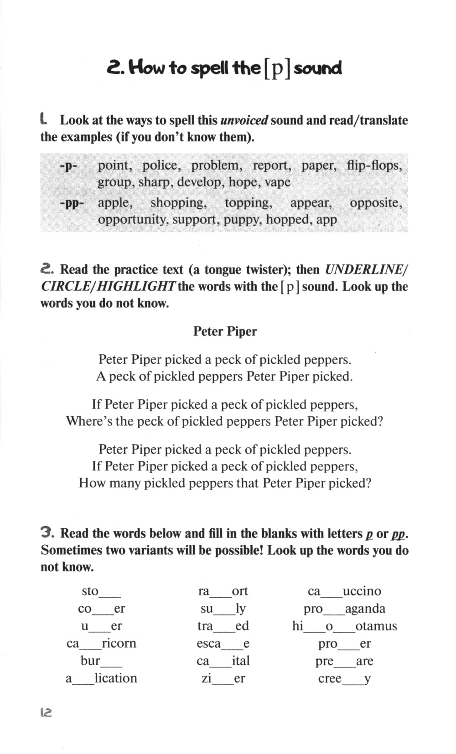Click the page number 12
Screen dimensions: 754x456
click(46, 712)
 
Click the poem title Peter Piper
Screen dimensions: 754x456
click(225, 331)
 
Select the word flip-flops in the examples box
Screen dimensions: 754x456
click(374, 165)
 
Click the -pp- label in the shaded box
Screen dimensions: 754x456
click(69, 203)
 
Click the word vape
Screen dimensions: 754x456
click(278, 182)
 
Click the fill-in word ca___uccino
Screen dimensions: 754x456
click(344, 591)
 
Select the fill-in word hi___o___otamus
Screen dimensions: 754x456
click(344, 626)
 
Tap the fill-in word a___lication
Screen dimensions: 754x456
click(101, 678)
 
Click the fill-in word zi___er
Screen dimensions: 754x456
click(223, 678)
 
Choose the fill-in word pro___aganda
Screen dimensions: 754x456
click(344, 609)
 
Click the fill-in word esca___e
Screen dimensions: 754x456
click(223, 644)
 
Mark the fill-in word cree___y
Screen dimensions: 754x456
click(344, 678)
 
